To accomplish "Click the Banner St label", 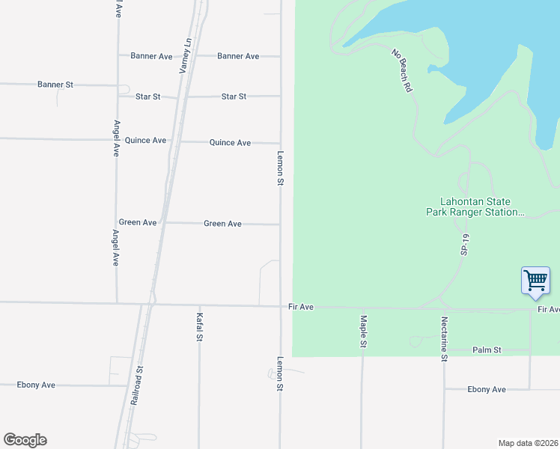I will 55,85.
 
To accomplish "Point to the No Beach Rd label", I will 402,70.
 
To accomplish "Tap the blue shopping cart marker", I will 535,281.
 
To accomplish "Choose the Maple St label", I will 363,331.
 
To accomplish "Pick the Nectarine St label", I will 444,339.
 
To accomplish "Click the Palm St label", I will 487,350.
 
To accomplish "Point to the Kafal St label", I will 199,327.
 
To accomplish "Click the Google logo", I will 25,440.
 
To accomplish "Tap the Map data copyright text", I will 528,442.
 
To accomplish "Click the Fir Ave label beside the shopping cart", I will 548,309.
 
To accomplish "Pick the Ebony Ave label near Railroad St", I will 37,385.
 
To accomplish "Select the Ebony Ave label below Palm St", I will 487,389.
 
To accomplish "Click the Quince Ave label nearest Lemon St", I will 230,142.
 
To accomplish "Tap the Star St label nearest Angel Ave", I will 147,97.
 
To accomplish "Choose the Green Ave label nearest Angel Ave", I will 138,222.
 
